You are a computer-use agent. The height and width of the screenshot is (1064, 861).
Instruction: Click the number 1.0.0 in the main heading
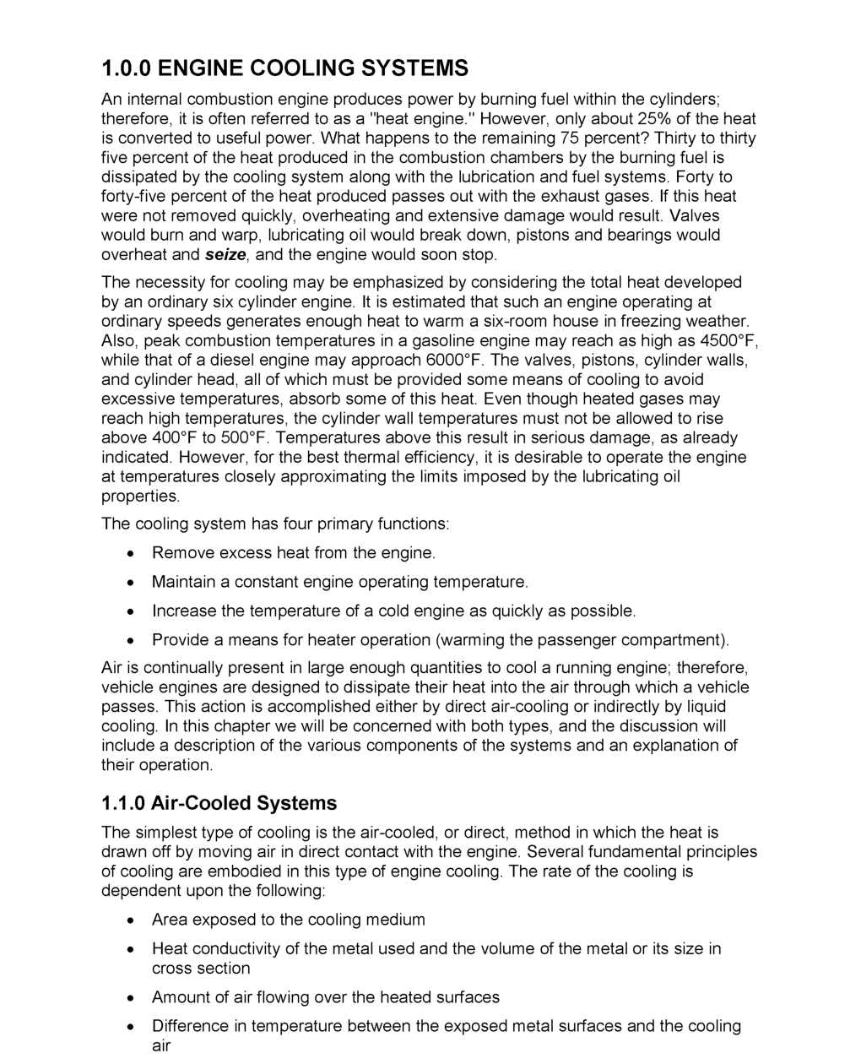coord(127,68)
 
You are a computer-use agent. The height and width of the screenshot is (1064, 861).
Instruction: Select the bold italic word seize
coord(225,255)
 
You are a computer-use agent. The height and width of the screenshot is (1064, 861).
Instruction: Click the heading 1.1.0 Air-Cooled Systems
coord(219,803)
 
